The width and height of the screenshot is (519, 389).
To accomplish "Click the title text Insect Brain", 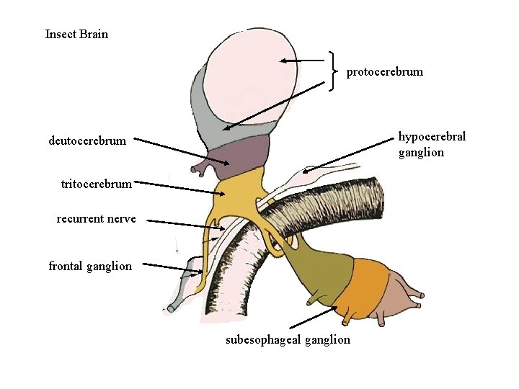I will [x=76, y=34].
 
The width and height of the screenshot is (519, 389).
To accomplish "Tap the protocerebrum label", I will [x=384, y=72].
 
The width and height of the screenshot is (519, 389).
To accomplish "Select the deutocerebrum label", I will [x=87, y=140].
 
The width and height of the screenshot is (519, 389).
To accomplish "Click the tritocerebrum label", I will [x=97, y=184].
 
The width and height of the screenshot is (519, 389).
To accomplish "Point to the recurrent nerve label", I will [x=96, y=218].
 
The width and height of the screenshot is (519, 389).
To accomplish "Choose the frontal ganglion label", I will [x=90, y=267].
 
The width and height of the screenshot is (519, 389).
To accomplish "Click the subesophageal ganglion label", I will [x=288, y=339].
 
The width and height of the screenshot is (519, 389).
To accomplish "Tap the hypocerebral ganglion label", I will [x=432, y=144].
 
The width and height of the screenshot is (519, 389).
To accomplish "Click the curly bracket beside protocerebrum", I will [x=332, y=71].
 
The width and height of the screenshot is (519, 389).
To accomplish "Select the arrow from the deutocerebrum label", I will [x=180, y=151].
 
